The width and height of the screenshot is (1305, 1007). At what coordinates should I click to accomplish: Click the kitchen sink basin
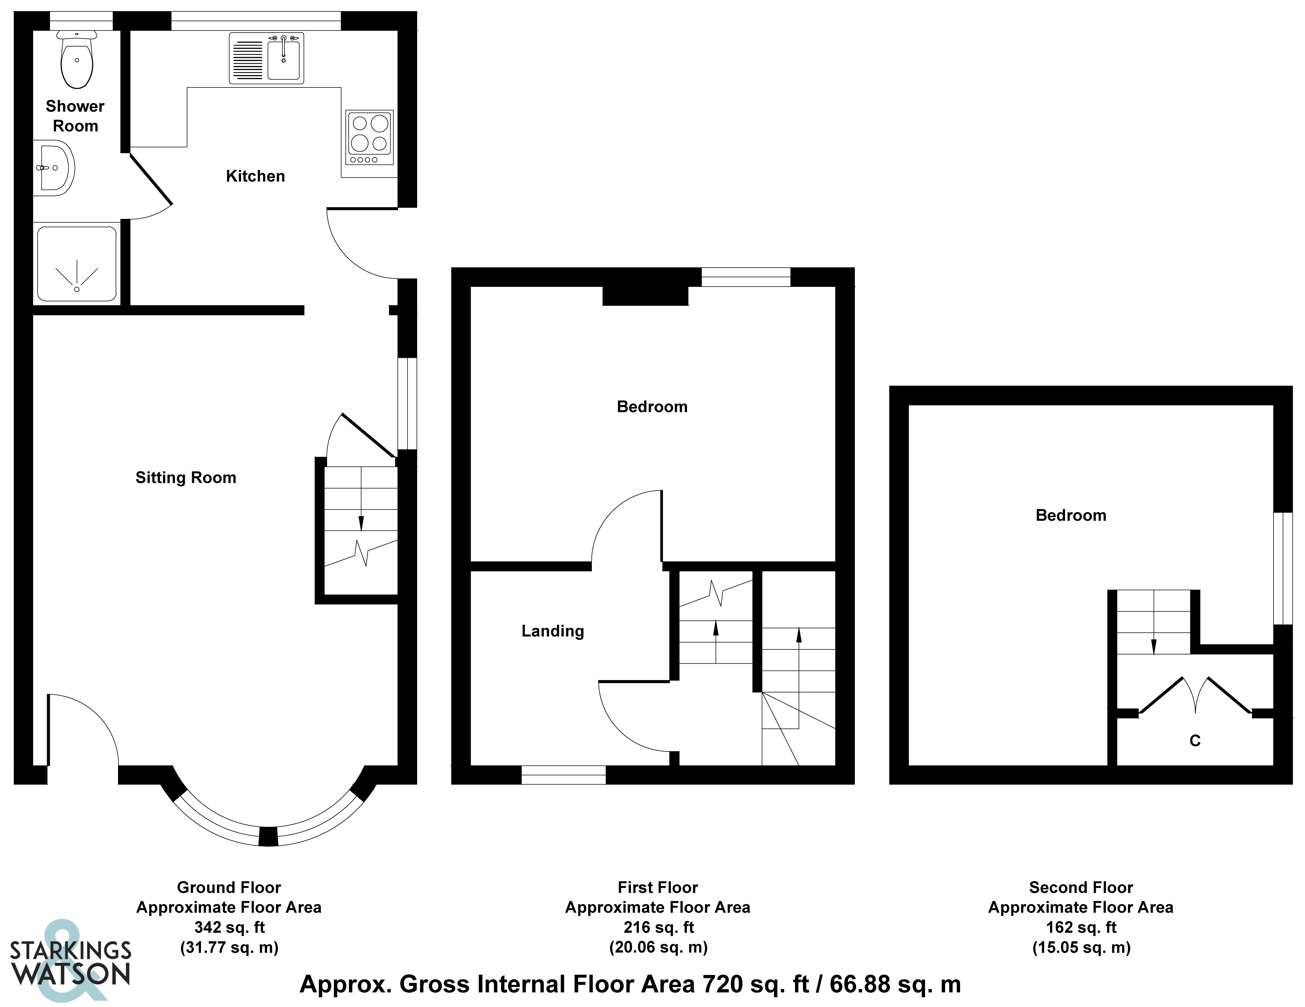[283, 57]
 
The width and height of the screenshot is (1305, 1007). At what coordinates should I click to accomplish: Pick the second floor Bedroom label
[1071, 515]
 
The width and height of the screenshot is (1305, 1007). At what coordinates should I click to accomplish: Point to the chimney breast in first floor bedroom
[645, 296]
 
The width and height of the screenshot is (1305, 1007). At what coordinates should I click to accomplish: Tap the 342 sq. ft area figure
[229, 927]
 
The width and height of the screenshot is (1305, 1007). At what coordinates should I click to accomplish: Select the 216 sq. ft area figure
[658, 927]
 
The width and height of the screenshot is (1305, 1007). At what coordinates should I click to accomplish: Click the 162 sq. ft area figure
[1081, 927]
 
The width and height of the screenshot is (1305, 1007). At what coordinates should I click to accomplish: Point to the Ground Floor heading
[229, 888]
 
